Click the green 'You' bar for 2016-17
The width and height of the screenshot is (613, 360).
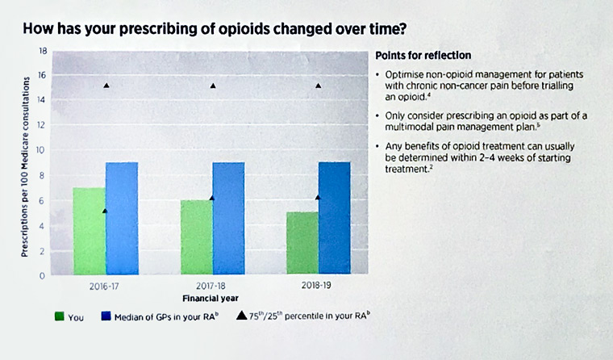(x=89, y=232)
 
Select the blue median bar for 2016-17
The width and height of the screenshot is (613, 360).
(x=121, y=219)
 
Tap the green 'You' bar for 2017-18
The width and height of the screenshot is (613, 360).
(x=196, y=238)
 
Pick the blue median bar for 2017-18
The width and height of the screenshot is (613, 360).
(x=228, y=219)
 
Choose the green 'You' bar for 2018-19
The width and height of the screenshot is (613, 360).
(x=302, y=244)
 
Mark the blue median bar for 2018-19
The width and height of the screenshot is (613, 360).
(x=334, y=219)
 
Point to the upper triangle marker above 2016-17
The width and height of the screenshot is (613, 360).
(x=106, y=86)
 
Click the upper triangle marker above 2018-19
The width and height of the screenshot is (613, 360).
(x=319, y=86)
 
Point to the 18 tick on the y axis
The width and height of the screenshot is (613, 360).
(x=44, y=51)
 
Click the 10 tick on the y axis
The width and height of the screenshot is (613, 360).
(x=44, y=150)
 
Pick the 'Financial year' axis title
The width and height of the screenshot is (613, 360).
(x=213, y=298)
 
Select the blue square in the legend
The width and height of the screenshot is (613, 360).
(x=104, y=317)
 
